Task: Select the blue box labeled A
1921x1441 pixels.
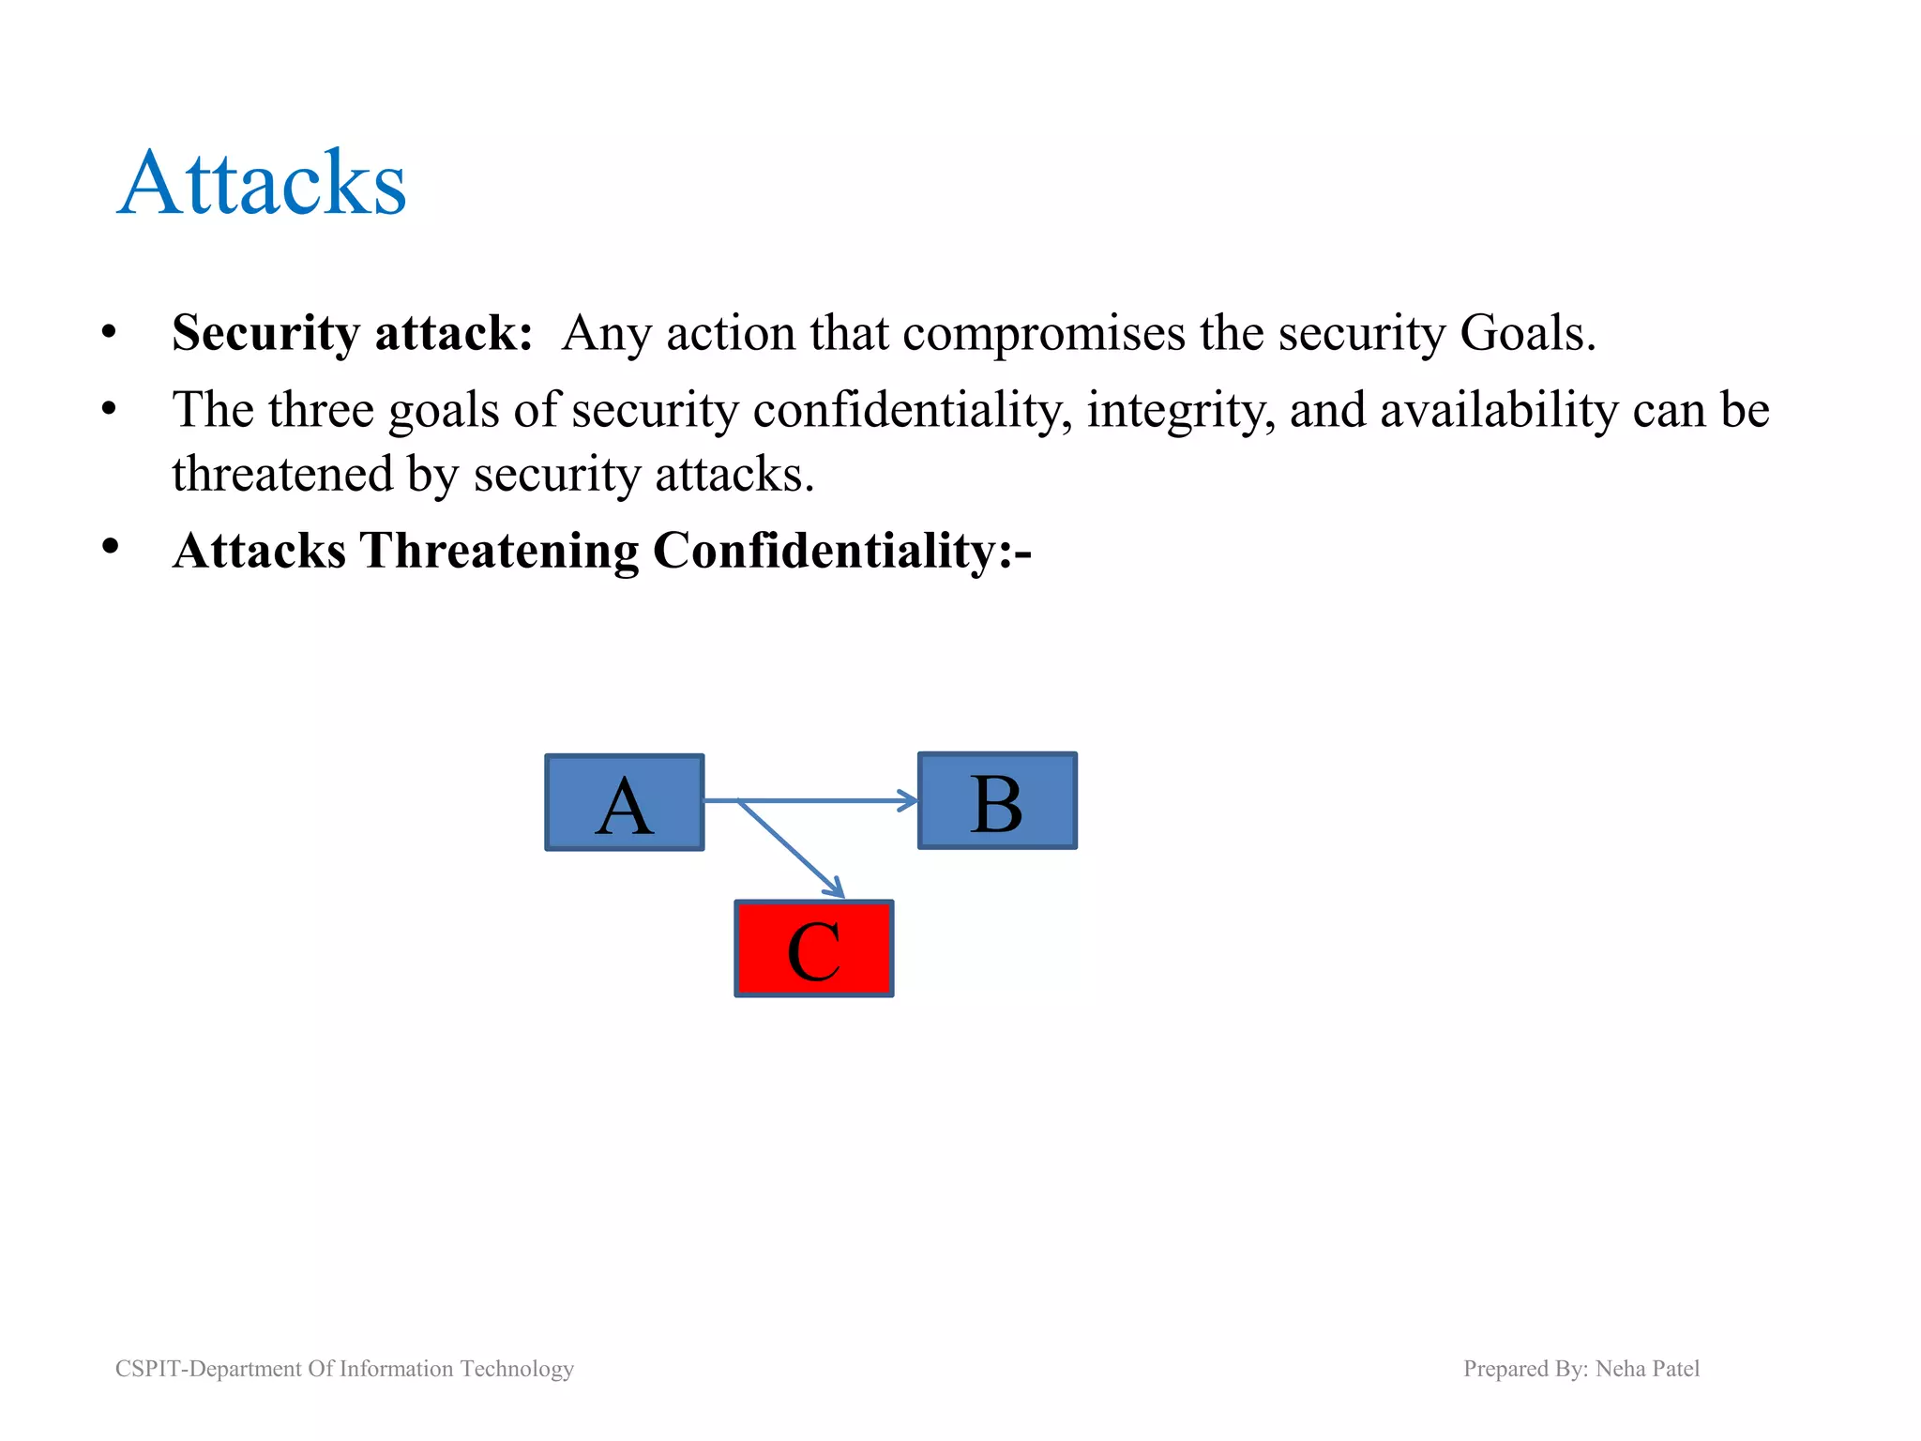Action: click(x=625, y=803)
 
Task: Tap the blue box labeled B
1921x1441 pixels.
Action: click(x=997, y=801)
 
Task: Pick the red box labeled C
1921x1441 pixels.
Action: click(x=813, y=949)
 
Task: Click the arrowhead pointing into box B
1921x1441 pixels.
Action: click(x=909, y=800)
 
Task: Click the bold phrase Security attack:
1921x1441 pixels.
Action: click(x=352, y=333)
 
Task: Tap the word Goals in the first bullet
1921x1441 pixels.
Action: click(x=1525, y=333)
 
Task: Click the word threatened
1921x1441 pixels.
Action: click(x=281, y=474)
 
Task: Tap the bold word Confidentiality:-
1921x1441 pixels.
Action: click(x=841, y=551)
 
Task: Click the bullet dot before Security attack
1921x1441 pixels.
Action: click(x=110, y=332)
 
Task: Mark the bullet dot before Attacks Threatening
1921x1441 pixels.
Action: click(x=110, y=547)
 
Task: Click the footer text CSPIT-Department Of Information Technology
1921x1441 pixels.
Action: click(x=344, y=1369)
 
